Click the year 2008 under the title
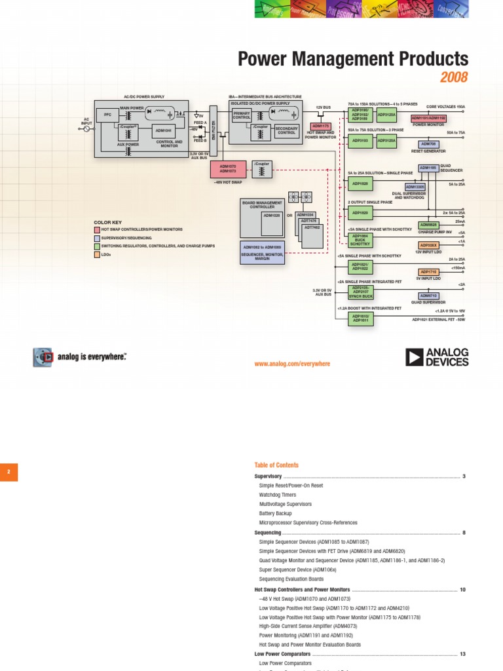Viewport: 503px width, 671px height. point(454,78)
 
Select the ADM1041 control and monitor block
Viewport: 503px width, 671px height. point(163,130)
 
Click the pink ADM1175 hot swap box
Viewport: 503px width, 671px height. point(320,125)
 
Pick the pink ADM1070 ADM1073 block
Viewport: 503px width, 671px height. point(228,169)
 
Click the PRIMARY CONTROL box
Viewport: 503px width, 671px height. point(242,115)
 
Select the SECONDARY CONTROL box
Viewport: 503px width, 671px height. point(286,131)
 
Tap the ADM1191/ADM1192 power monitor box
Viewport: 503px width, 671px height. point(428,118)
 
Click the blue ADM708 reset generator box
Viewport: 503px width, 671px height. point(428,144)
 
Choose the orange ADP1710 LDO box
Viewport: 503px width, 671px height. point(428,272)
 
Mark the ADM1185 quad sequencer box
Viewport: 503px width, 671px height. point(428,168)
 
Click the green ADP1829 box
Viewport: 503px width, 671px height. point(361,213)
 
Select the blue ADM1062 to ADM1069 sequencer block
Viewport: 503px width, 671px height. point(262,252)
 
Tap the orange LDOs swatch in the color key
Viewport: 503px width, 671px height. point(96,254)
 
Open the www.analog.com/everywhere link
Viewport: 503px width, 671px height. point(292,364)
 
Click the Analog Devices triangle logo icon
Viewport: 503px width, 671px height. point(414,357)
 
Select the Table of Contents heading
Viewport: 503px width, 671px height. point(276,465)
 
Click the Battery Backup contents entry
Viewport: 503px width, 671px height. point(275,514)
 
